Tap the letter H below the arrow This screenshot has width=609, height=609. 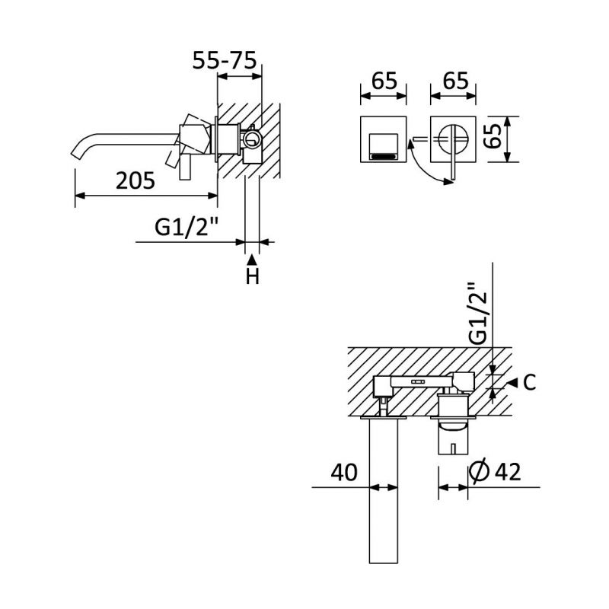click(253, 277)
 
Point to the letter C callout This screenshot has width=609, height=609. click(530, 382)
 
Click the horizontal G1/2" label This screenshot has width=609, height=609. click(187, 227)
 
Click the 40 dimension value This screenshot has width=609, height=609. click(345, 473)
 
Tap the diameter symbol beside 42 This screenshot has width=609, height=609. click(480, 473)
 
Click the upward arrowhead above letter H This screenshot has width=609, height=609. click(253, 260)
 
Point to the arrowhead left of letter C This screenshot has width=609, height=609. click(512, 382)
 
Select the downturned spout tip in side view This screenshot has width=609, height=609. click(78, 151)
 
